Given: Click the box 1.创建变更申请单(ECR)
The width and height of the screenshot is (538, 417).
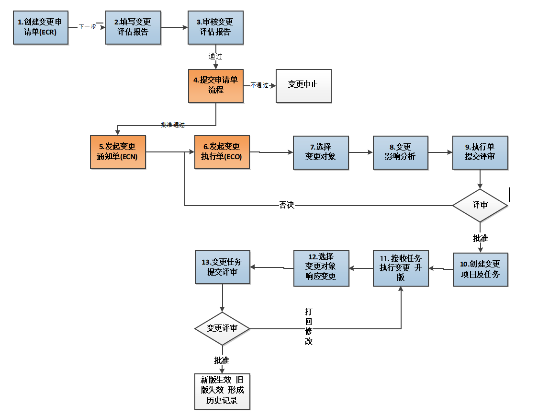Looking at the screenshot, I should [x=41, y=27].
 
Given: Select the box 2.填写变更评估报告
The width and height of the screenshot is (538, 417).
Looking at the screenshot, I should [x=133, y=27].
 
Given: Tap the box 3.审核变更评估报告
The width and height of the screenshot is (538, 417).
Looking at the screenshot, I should [x=215, y=27].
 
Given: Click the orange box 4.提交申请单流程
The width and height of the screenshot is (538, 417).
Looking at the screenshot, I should [x=216, y=85].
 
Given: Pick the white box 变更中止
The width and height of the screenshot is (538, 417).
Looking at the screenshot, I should [x=303, y=85].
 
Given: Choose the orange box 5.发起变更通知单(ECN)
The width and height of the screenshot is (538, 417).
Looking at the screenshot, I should [x=117, y=152].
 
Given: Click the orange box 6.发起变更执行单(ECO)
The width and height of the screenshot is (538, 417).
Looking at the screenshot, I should [x=222, y=152].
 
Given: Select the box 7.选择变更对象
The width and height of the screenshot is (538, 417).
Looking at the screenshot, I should [x=321, y=152].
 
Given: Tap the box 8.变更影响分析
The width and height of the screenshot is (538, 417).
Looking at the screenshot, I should [x=400, y=152].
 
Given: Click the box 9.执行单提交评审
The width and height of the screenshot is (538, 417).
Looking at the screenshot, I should [x=480, y=152].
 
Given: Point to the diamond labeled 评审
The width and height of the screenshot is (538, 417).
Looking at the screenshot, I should [x=480, y=205].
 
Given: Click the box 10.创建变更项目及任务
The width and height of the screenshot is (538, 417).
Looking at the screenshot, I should [x=480, y=269].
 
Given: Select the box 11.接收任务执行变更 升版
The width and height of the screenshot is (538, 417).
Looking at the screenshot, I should [x=401, y=268].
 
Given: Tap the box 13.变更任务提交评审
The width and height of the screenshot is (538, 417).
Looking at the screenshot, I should [x=223, y=267].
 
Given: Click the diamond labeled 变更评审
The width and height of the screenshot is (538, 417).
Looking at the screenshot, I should [x=222, y=329].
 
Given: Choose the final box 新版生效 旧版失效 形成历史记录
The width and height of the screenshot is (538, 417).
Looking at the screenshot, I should [x=222, y=391].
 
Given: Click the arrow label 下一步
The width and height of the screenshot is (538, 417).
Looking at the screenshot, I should [x=87, y=27].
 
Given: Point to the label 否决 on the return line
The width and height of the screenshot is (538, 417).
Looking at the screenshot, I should [x=287, y=205].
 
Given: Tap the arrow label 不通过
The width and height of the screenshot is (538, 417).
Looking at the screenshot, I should [x=259, y=85].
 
